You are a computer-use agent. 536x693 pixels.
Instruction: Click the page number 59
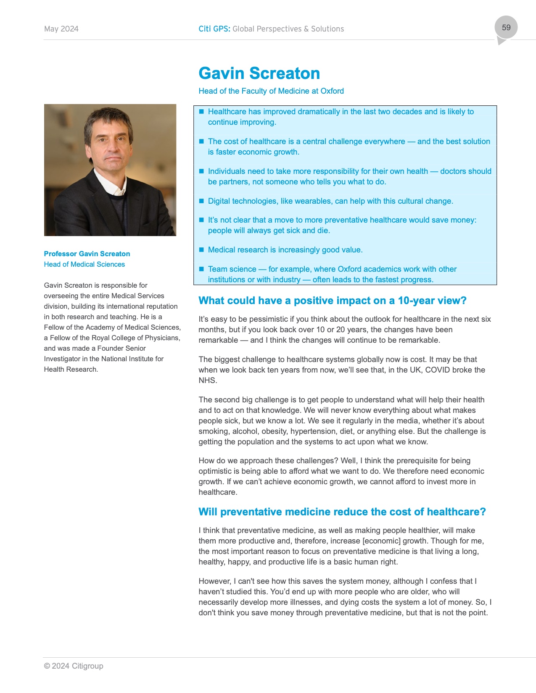(506, 28)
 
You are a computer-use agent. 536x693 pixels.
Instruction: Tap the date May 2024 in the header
(61, 29)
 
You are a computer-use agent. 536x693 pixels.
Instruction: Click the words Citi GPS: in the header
(214, 29)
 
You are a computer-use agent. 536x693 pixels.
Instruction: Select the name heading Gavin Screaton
(259, 73)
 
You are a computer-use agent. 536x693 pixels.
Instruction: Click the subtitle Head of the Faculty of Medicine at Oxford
(271, 91)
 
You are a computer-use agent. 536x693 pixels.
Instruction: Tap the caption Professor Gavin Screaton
(87, 254)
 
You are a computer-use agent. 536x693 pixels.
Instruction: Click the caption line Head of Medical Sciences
(84, 264)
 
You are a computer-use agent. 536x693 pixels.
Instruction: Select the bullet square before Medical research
(201, 249)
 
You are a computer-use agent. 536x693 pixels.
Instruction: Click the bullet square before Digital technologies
(201, 201)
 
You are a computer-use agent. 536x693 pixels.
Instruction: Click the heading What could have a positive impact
(333, 301)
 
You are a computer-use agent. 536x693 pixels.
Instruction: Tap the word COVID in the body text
(437, 370)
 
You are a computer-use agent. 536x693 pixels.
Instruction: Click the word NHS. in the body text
(208, 381)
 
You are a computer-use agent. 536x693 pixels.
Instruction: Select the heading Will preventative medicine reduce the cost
(342, 512)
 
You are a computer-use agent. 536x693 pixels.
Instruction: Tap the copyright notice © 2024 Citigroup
(74, 666)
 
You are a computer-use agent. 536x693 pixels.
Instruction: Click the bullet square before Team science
(201, 269)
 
